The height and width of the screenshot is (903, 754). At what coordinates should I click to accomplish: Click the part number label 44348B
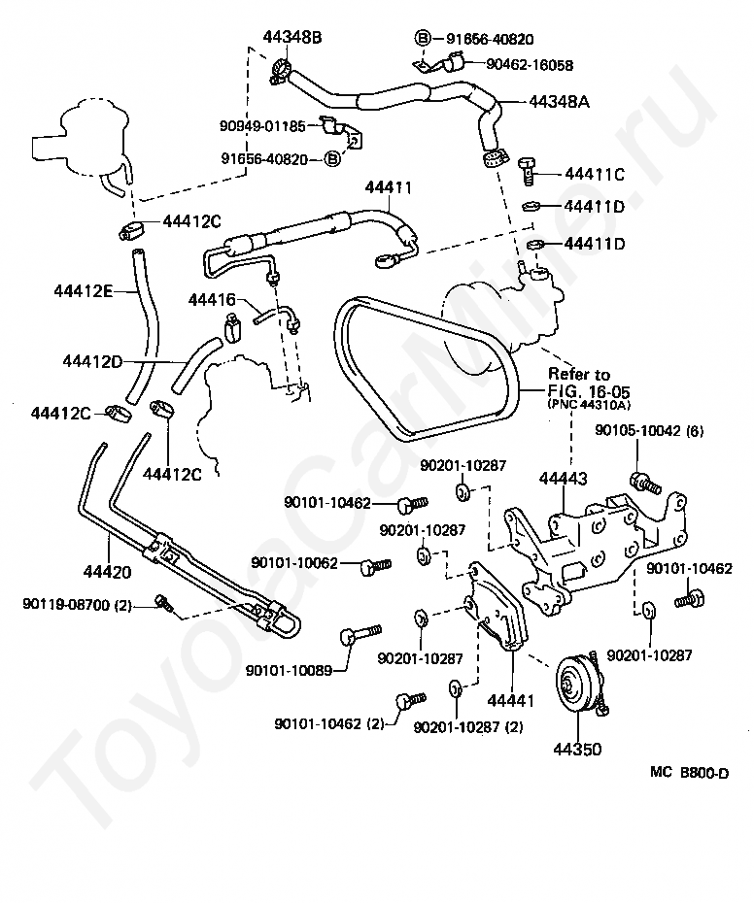point(292,38)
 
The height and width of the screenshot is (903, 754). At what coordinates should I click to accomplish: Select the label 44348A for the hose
point(559,102)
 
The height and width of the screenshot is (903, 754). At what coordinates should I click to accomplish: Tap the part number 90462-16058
point(530,65)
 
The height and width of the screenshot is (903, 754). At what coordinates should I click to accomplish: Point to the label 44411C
point(595,174)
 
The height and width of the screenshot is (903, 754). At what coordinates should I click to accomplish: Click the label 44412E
point(84,291)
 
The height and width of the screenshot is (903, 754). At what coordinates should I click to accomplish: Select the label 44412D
point(93,361)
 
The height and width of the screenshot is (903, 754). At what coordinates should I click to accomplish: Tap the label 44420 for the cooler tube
point(107,572)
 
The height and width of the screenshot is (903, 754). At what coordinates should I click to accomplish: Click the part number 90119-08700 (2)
point(77,605)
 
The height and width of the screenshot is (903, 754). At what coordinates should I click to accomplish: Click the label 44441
point(511,701)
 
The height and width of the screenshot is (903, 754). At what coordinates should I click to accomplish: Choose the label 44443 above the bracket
point(564,479)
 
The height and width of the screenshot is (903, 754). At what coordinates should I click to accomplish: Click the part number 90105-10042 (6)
point(649,431)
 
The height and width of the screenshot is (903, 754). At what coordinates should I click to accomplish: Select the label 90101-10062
point(294,562)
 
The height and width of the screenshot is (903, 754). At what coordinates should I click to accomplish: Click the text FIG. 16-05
point(589,391)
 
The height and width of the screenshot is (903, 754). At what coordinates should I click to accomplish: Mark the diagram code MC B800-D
point(690,773)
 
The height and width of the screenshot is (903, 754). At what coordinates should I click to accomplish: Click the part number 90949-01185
point(262,125)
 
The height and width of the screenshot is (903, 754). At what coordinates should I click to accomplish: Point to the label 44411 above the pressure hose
point(389,187)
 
